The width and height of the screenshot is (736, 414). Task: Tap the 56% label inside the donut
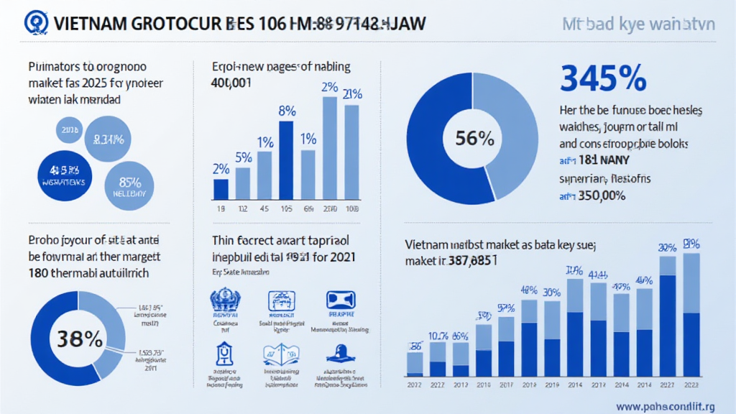click(x=474, y=138)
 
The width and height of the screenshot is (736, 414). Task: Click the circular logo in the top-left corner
click(x=32, y=23)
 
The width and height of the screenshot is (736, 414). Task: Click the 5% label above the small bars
click(x=243, y=157)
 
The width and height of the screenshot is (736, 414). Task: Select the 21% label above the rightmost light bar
click(x=352, y=95)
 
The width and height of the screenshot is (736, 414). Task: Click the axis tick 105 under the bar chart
click(x=285, y=209)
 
